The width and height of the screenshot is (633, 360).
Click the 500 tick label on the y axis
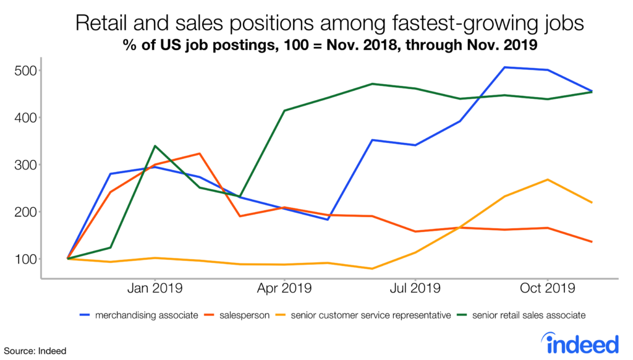pyautogui.click(x=25, y=71)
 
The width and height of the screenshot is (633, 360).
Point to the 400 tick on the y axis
pyautogui.click(x=25, y=118)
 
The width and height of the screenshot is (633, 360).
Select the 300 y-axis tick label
pyautogui.click(x=25, y=165)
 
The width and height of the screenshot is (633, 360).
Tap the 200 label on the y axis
pyautogui.click(x=25, y=212)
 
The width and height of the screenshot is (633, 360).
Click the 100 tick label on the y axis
pyautogui.click(x=25, y=259)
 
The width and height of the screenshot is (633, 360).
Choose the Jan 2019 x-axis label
pyautogui.click(x=154, y=288)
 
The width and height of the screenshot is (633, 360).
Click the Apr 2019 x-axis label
pyautogui.click(x=284, y=288)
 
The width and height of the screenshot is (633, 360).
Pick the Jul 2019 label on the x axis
pyautogui.click(x=415, y=288)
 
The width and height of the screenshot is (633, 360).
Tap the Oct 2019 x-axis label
pyautogui.click(x=546, y=288)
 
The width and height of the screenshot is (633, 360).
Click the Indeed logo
pyautogui.click(x=579, y=342)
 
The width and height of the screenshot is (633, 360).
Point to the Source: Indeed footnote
pyautogui.click(x=33, y=351)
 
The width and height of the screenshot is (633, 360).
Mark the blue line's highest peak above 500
pyautogui.click(x=505, y=67)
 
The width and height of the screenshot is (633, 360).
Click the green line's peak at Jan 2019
pyautogui.click(x=155, y=146)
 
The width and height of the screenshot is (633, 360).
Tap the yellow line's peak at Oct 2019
pyautogui.click(x=547, y=179)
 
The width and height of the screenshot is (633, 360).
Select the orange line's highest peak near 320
pyautogui.click(x=199, y=153)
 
